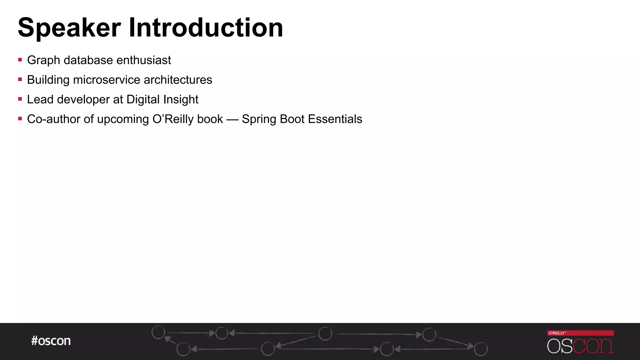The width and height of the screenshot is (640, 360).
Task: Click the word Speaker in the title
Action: [x=69, y=28]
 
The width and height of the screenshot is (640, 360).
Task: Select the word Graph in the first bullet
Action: [x=43, y=60]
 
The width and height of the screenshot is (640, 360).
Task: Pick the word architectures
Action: [x=178, y=80]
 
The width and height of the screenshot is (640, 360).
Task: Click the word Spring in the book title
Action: [x=259, y=119]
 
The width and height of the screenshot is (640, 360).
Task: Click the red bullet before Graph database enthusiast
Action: [x=20, y=60]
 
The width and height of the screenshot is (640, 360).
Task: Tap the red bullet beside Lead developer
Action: [x=20, y=99]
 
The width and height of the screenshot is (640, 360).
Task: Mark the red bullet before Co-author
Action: [x=20, y=119]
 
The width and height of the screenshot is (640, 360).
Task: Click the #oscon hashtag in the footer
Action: [x=51, y=341]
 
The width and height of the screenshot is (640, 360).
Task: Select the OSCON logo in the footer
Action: [x=580, y=346]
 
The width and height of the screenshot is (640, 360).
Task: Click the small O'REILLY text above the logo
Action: [x=557, y=333]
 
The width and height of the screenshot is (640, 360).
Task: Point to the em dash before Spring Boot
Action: [x=232, y=120]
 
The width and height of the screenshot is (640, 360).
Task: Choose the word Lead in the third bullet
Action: [x=40, y=100]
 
